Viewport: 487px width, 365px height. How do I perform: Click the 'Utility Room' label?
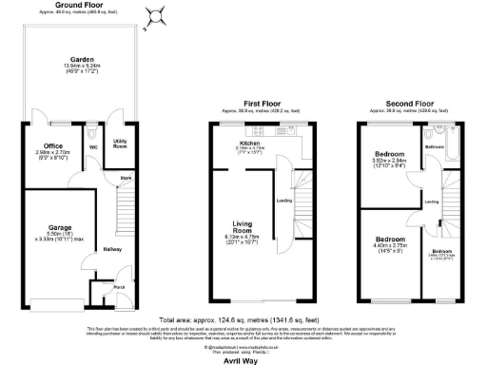point(120,144)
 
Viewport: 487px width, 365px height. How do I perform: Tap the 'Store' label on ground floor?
point(125,178)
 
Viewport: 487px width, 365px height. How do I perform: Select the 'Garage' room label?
point(49,228)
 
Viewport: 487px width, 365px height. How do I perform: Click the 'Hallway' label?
point(113,249)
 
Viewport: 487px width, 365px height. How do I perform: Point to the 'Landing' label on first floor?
point(283,201)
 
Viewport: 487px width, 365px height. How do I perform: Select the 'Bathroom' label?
point(435,147)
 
